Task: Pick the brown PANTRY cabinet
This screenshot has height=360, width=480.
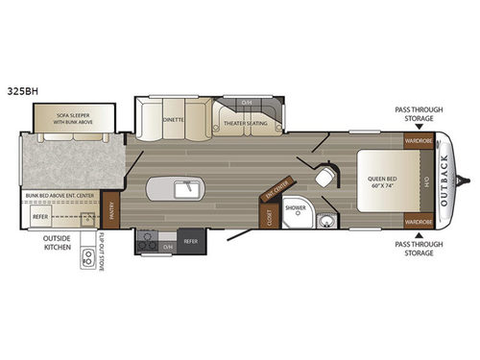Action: tap(110, 207)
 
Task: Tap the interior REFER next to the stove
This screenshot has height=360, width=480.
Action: tap(190, 242)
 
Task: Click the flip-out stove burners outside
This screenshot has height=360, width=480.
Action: tap(89, 256)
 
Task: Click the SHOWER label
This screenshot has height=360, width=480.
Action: tap(296, 207)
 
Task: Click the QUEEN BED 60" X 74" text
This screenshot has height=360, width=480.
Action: tap(381, 181)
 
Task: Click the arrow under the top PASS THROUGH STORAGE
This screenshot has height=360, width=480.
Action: tap(419, 125)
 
